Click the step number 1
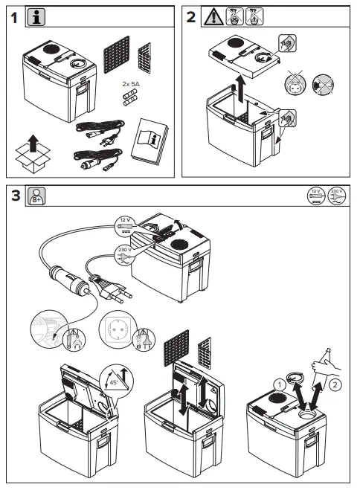pos(15,19)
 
